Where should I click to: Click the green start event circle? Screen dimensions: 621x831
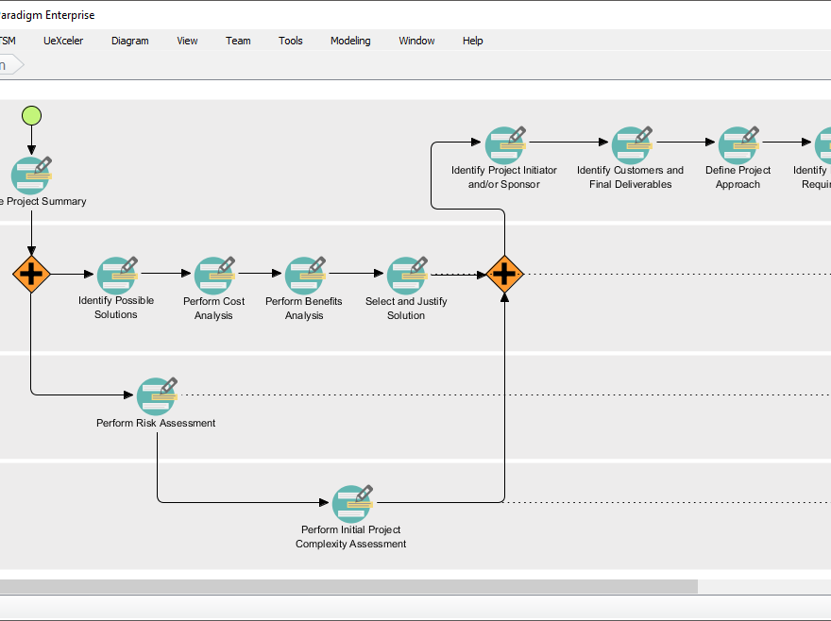pyautogui.click(x=31, y=116)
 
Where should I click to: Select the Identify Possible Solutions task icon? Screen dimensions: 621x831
pyautogui.click(x=117, y=274)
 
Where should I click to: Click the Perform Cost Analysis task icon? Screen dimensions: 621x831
pyautogui.click(x=214, y=275)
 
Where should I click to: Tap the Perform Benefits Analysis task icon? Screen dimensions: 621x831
pyautogui.click(x=304, y=275)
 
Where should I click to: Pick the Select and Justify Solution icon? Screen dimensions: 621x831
pyautogui.click(x=407, y=275)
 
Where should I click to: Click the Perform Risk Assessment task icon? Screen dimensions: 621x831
pyautogui.click(x=157, y=395)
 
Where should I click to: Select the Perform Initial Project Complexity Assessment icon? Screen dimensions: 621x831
pyautogui.click(x=351, y=503)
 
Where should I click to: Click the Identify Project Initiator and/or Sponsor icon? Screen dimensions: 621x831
pyautogui.click(x=504, y=144)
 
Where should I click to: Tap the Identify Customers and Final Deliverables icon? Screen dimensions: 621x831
pyautogui.click(x=631, y=144)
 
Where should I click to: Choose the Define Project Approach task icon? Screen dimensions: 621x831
pyautogui.click(x=738, y=144)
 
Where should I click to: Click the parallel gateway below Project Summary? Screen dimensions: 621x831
pyautogui.click(x=31, y=275)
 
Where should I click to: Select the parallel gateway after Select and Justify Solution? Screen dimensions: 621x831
pyautogui.click(x=504, y=275)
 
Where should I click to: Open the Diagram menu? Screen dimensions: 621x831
pyautogui.click(x=129, y=41)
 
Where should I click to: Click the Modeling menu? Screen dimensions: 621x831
pyautogui.click(x=350, y=41)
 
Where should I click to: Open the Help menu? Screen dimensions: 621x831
pyautogui.click(x=472, y=41)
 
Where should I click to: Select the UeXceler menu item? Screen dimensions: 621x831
pyautogui.click(x=63, y=41)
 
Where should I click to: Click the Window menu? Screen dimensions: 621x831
pyautogui.click(x=416, y=41)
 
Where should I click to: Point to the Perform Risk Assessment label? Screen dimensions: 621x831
pyautogui.click(x=156, y=423)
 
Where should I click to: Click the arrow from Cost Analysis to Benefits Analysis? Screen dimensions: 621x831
pyautogui.click(x=260, y=275)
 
